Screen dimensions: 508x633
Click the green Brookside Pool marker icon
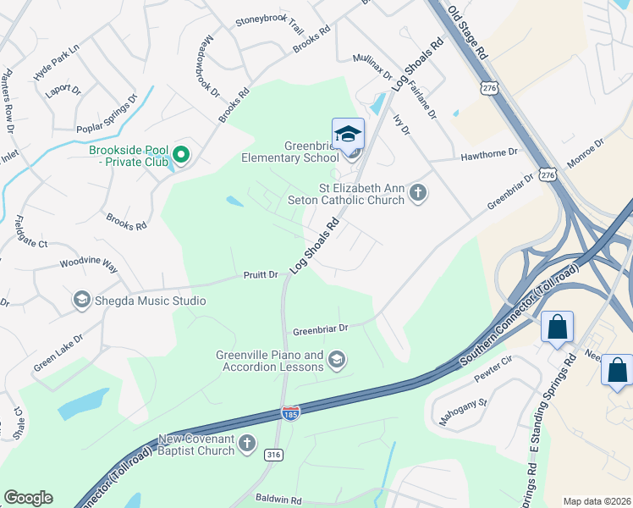[x=181, y=155]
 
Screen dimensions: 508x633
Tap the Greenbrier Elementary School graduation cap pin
[x=348, y=135]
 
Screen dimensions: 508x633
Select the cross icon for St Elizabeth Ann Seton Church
[x=417, y=193]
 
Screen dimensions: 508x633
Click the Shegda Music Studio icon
[x=81, y=300]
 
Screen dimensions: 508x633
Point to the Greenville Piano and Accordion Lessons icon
[x=337, y=361]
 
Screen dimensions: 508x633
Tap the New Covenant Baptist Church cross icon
[x=247, y=443]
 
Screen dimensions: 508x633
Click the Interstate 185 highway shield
[x=289, y=412]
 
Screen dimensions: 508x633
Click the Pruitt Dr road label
[x=261, y=275]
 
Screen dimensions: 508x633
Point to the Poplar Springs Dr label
[x=107, y=114]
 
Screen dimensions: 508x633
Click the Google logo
[x=28, y=498]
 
